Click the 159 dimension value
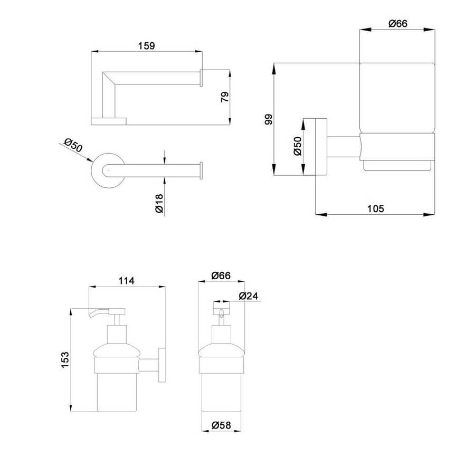147,46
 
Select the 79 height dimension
225,97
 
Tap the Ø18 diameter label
159,203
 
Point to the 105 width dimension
375,208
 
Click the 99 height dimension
269,119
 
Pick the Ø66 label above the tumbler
398,23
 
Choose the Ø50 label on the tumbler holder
298,146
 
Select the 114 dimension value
126,281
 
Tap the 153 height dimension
65,360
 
